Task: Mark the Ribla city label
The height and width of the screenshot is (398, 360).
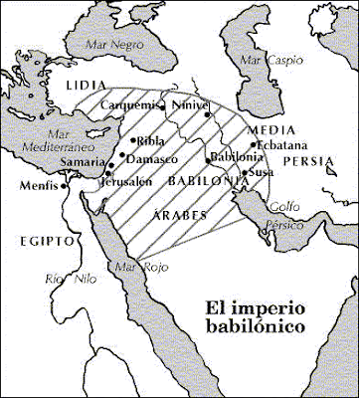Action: pos(149,140)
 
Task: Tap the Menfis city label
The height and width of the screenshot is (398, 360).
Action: pos(37,183)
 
